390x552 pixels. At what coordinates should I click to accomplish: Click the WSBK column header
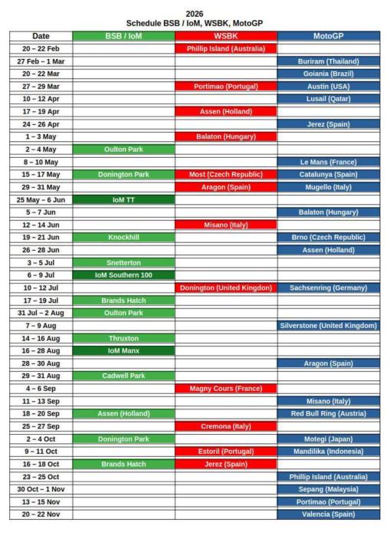[225, 36]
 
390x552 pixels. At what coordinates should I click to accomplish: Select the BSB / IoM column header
[123, 36]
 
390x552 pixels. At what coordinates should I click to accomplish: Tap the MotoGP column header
[328, 36]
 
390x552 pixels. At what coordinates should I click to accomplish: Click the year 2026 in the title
[195, 13]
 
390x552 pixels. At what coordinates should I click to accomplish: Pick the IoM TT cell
[123, 199]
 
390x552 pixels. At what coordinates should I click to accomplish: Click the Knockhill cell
[123, 237]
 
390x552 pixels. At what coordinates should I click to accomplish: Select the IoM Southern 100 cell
[123, 274]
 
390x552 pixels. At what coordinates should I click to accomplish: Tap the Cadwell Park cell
[123, 376]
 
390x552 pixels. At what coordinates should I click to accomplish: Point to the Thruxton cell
[123, 337]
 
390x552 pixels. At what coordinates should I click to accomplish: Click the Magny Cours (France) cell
[225, 388]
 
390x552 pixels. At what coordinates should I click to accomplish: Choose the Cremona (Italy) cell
[225, 426]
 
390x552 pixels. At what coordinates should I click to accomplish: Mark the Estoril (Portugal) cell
[225, 452]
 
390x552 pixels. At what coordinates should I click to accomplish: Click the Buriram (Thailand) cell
[328, 61]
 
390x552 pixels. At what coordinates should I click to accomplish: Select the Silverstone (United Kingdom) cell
[328, 325]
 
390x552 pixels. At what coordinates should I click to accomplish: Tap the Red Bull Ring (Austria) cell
[328, 413]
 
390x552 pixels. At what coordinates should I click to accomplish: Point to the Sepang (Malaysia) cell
[328, 489]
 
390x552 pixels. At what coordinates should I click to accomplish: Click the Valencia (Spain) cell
[328, 514]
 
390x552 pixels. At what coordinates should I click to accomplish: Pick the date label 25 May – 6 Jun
[41, 199]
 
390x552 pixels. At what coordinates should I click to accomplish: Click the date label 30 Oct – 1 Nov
[41, 489]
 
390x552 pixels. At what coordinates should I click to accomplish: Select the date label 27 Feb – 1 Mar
[41, 61]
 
